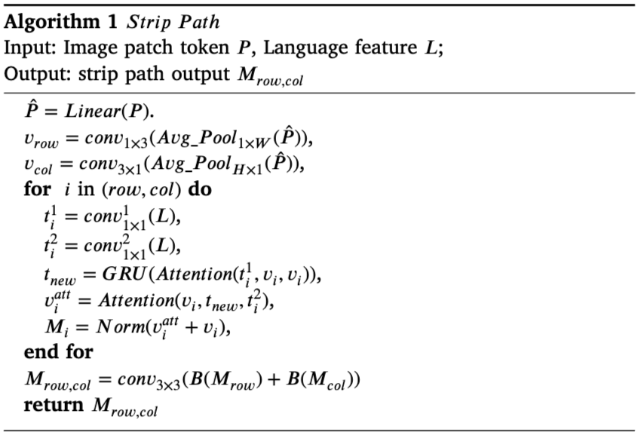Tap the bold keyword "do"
pos(200,188)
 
